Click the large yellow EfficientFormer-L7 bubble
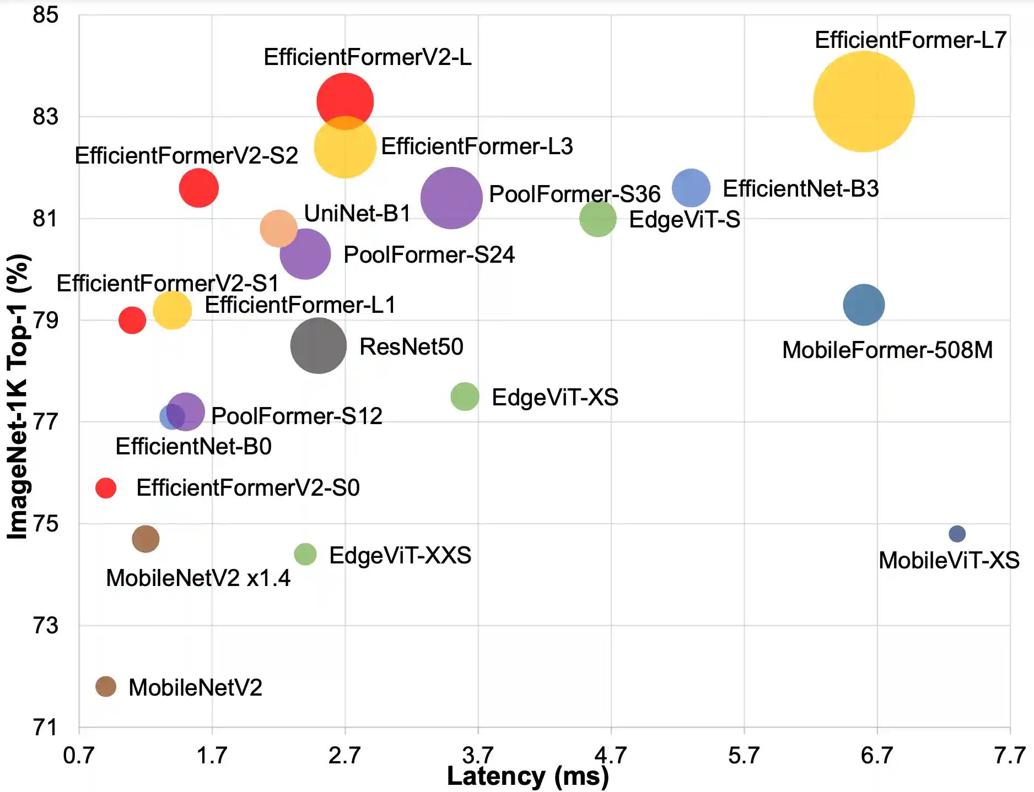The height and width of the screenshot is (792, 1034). point(864,101)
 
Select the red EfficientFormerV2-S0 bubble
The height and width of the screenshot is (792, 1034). point(106,487)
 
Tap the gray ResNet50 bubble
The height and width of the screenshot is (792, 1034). point(319,346)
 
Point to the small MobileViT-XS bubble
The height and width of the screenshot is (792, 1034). point(957,534)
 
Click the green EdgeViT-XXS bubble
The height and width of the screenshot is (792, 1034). point(305,554)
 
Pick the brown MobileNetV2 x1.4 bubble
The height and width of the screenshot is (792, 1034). point(146,539)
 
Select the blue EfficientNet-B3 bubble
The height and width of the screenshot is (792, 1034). point(691,188)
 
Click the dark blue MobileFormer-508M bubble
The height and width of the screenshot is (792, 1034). point(864,305)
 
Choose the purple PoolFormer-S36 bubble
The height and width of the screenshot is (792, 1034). point(451,198)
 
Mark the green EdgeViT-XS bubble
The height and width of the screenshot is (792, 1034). point(465,397)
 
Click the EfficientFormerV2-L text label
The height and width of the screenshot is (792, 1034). point(367,57)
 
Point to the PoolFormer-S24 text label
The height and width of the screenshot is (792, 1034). point(429,255)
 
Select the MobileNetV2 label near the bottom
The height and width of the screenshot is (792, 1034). point(195,687)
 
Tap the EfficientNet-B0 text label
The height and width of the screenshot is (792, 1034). point(193,447)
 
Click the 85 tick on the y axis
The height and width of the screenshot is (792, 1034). point(45,15)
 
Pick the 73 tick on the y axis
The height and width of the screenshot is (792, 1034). point(45,626)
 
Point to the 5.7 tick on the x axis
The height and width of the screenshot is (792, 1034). point(744,756)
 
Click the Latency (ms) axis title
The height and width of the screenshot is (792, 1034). point(527,777)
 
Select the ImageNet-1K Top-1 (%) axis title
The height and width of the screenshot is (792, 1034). point(18,397)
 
